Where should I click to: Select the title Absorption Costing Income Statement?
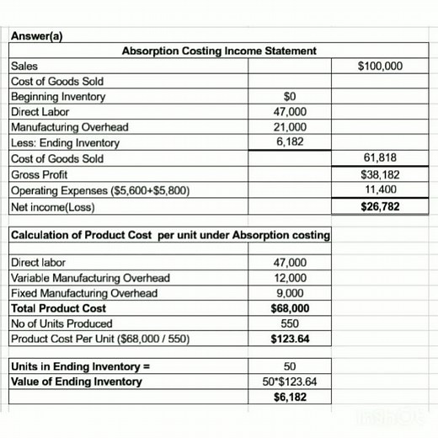coord(219,51)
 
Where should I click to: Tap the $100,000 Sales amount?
coord(380,66)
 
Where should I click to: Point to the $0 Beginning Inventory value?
coord(290,96)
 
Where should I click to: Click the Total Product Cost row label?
coord(58,308)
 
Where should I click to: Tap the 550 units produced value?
coord(290,323)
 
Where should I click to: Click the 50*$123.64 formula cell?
coord(290,382)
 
